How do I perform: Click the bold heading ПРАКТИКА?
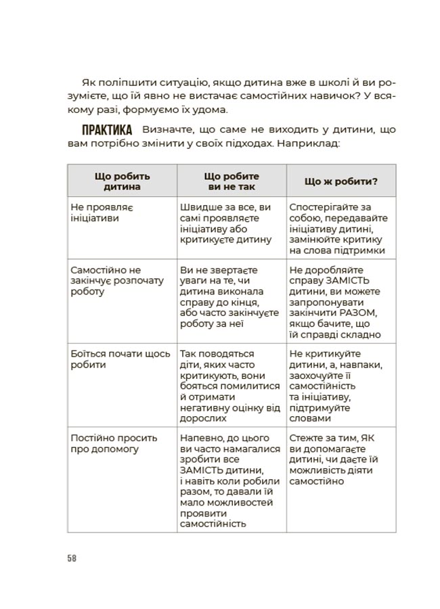[x=107, y=130]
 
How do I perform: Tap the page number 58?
[x=72, y=558]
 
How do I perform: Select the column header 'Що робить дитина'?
[x=122, y=181]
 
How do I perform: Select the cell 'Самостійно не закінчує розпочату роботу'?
[x=108, y=281]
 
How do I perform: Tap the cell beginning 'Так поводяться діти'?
[x=229, y=381]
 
